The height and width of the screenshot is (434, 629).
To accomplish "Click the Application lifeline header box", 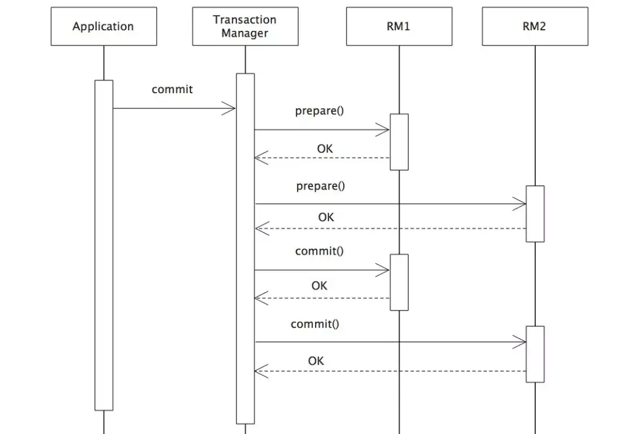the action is point(104,26).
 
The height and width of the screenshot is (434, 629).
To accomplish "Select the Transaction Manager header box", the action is point(245,26).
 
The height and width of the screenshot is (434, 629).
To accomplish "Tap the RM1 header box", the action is point(399,26).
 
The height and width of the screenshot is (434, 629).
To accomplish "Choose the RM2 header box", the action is point(535,26).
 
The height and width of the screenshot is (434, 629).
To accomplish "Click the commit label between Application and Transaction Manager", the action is point(172,89).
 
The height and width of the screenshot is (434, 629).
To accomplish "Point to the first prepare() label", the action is point(319,111).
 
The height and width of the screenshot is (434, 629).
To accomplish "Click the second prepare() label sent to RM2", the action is point(320,186).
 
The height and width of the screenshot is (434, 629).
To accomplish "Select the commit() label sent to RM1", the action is point(319,251).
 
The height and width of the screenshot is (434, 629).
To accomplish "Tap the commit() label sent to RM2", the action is point(315,324).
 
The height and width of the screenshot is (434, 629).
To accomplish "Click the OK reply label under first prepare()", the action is point(325,149).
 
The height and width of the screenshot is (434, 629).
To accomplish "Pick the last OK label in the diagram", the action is point(316,361).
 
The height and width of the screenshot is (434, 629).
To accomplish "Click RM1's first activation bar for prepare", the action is point(399,142).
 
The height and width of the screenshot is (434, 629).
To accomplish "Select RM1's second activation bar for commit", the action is point(399,283).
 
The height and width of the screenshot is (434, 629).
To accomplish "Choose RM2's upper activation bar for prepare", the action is point(535,214).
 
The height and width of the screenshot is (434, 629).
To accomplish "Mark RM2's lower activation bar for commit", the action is point(535,354).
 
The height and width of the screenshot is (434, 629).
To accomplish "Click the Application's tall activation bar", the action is point(104,245).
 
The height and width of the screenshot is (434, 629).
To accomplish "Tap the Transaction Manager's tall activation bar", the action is point(245,249).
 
